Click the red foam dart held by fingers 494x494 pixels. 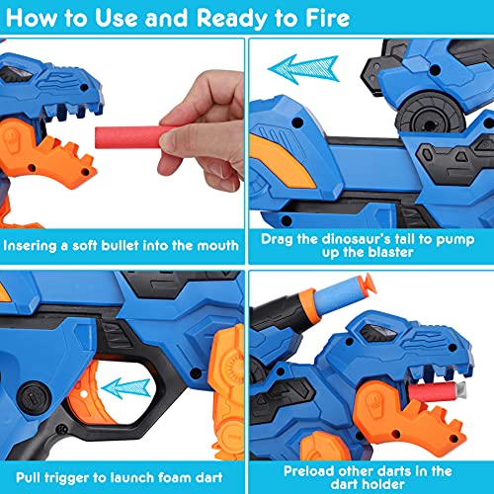coord(131,137)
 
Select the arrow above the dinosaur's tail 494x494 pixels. coord(303,69)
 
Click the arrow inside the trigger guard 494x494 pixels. coord(125,388)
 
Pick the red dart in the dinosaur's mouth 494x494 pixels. coord(437,391)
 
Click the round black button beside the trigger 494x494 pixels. coord(34,398)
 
